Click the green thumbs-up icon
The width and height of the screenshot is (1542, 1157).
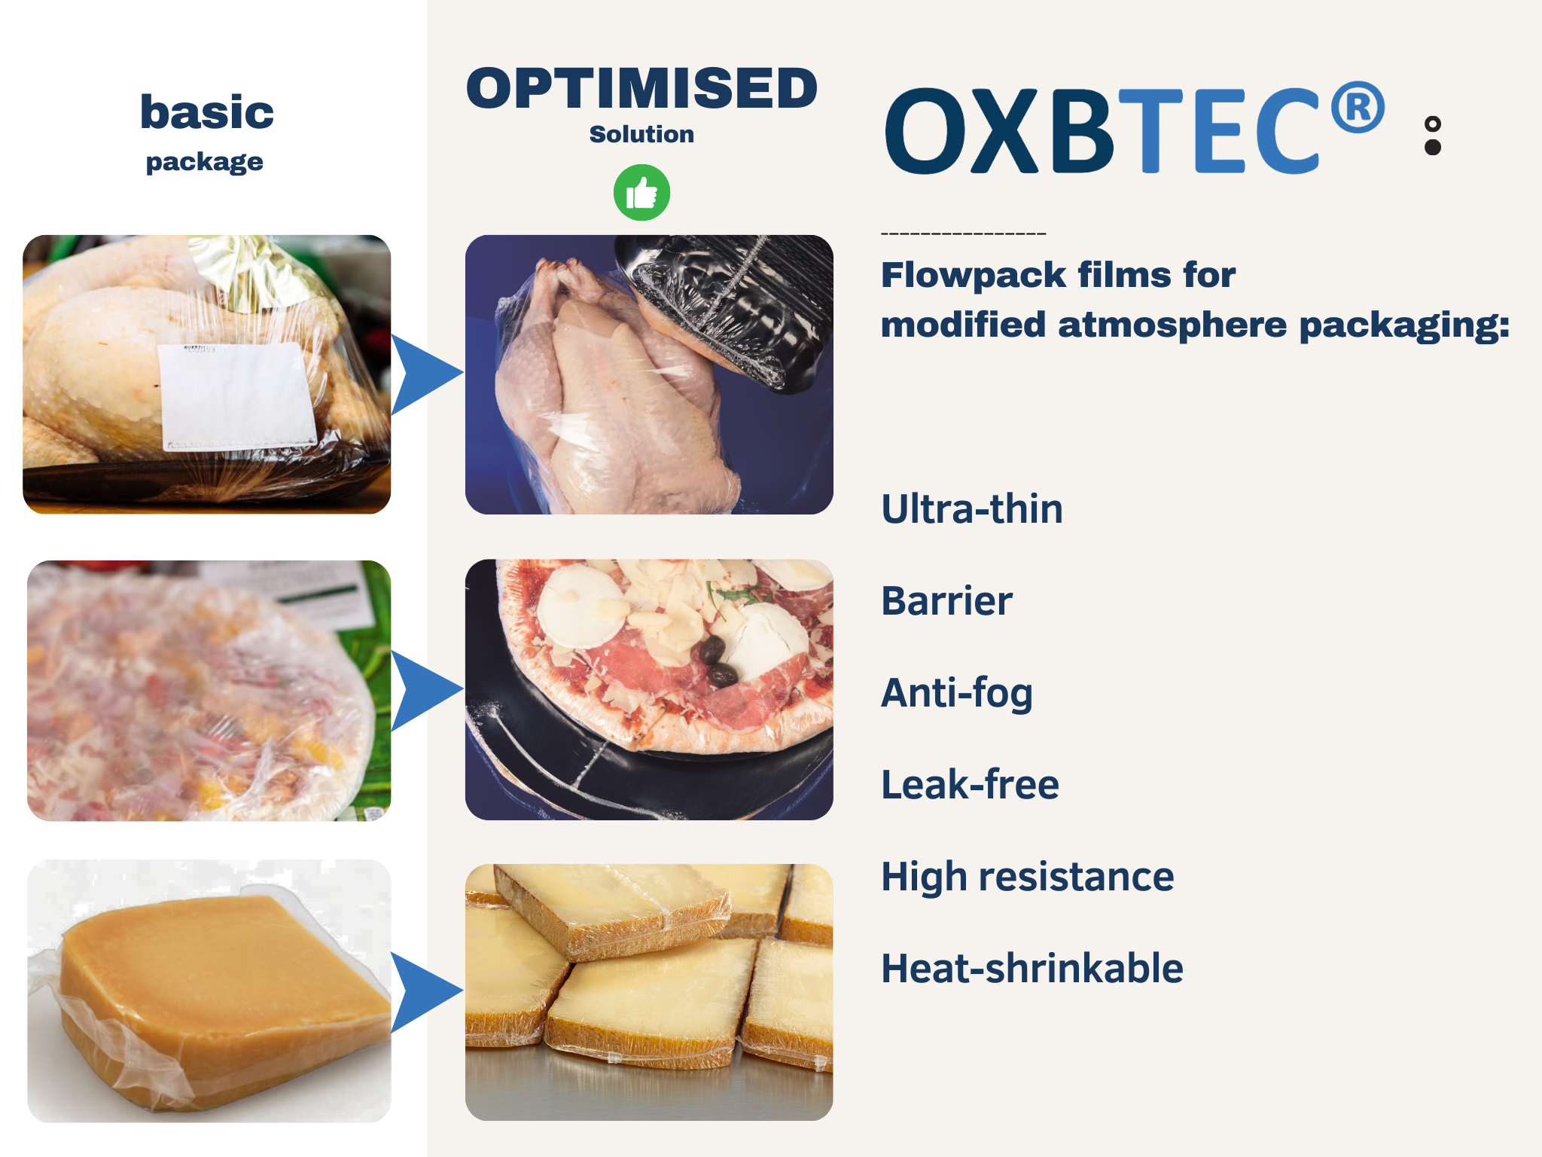click(641, 193)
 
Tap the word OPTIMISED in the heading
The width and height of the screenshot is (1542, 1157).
click(642, 89)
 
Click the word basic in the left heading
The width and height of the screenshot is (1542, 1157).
click(207, 112)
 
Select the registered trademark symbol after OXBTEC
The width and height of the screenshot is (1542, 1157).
click(1358, 108)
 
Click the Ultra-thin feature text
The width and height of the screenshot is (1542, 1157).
click(972, 509)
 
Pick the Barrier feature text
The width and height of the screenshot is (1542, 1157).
click(947, 601)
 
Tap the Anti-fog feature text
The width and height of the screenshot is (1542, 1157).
click(957, 693)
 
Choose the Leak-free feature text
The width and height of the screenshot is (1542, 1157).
click(971, 784)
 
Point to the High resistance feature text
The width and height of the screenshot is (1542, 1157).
click(1028, 877)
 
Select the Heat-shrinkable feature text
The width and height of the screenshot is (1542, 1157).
click(1032, 969)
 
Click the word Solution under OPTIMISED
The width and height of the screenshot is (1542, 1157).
click(641, 134)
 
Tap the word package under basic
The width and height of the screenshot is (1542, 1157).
click(205, 162)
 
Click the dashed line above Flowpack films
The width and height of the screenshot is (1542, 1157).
click(964, 234)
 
